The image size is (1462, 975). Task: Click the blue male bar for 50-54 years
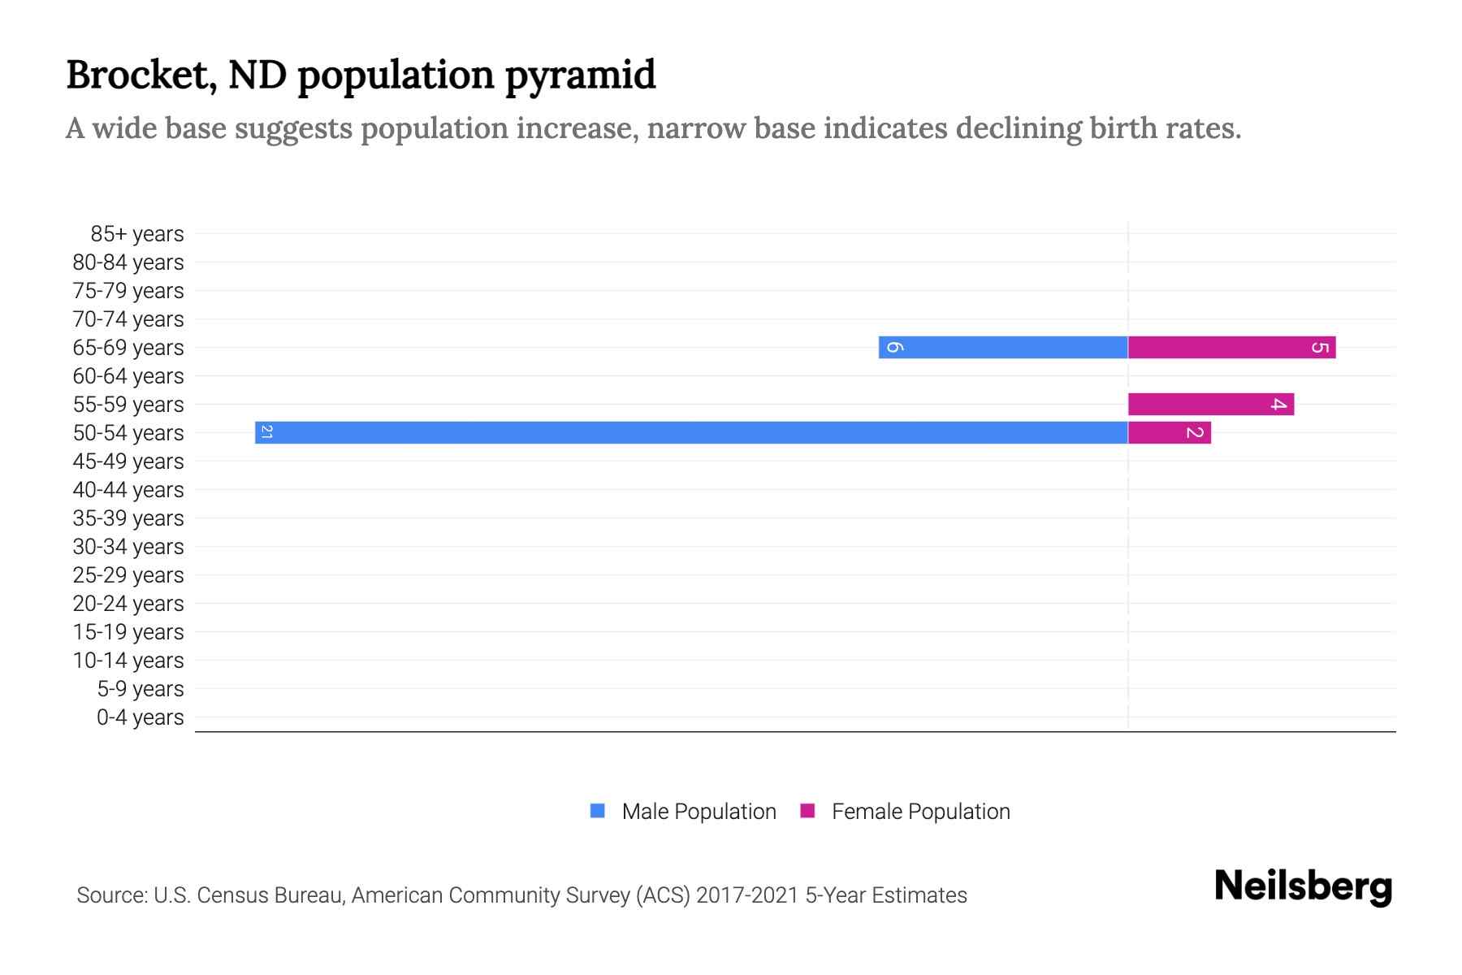[x=690, y=432]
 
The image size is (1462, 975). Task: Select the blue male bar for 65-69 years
[x=1003, y=347]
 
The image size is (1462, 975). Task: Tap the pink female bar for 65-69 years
[x=1231, y=347]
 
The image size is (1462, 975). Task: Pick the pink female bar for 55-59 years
[x=1210, y=404]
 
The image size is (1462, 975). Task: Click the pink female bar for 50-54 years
[x=1169, y=432]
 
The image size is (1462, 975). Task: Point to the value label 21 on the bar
[x=266, y=432]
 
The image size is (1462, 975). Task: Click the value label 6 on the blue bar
[x=893, y=347]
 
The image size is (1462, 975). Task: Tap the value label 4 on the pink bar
[x=1278, y=404]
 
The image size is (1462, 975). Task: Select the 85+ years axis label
[x=137, y=234]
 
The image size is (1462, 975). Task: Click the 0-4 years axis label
[x=140, y=717]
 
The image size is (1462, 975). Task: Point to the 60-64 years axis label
[x=128, y=376]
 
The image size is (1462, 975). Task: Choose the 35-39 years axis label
[x=128, y=518]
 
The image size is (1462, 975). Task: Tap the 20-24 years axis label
[x=128, y=604]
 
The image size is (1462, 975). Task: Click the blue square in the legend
[x=598, y=811]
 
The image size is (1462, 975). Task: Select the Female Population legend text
[x=920, y=812]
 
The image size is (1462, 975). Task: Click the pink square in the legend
[x=807, y=811]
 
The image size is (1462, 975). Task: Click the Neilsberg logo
[x=1303, y=886]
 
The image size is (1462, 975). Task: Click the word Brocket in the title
[x=141, y=75]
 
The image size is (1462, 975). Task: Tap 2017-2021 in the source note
[x=747, y=895]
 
